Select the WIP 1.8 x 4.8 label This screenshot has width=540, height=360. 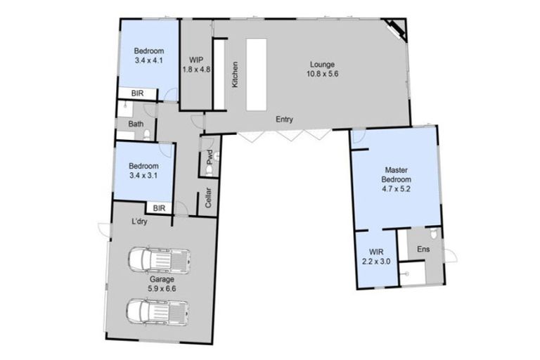coord(196,65)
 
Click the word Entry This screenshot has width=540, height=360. coord(284,119)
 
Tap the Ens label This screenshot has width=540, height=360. coord(423,250)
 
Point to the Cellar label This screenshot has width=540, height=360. coord(210,198)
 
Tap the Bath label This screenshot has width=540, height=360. coord(135,125)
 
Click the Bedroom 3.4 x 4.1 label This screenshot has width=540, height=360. coord(149,56)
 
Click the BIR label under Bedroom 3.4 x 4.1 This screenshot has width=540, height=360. coord(131,93)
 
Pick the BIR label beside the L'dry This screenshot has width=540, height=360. coord(159,208)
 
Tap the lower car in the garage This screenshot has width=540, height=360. coord(158,310)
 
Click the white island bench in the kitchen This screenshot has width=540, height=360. coord(256,74)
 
